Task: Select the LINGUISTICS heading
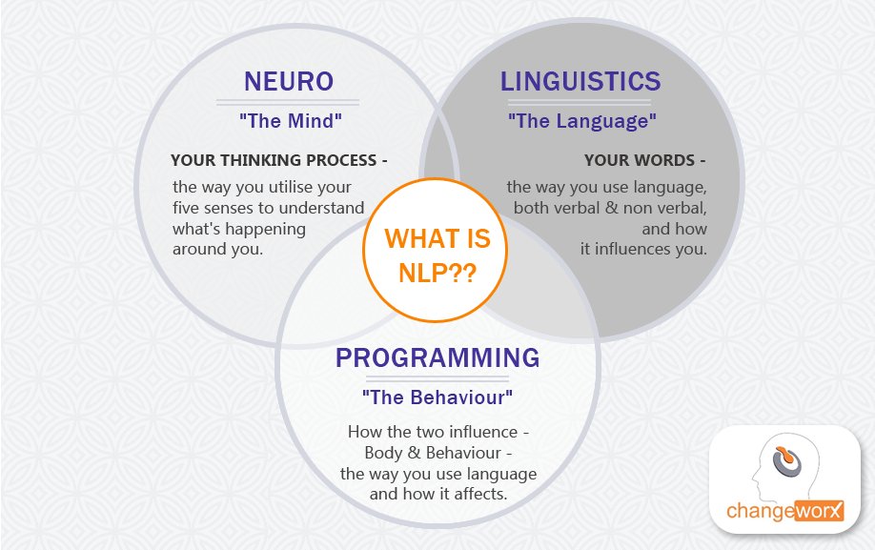coord(580,82)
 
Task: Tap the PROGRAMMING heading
coord(437,358)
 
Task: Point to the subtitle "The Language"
coord(581,122)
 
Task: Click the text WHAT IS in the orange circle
coord(437,237)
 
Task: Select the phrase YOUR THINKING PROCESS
coord(272,159)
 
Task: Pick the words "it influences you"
coord(644,250)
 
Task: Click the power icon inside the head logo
coord(785,461)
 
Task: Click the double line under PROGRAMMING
coord(437,379)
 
